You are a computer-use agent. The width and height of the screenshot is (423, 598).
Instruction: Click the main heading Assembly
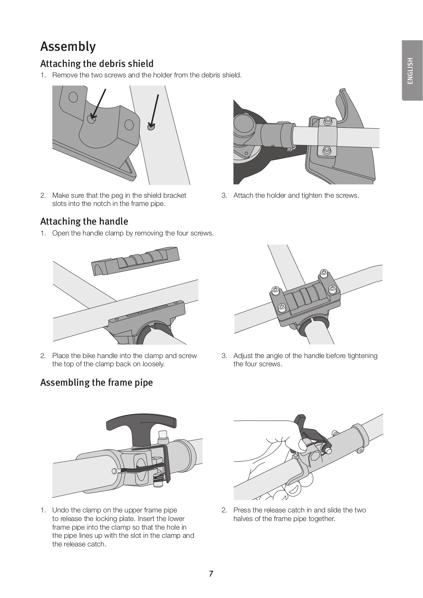[x=68, y=47]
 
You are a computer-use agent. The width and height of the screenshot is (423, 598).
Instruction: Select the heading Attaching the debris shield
[x=97, y=64]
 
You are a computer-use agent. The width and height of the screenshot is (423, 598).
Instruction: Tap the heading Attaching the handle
[x=84, y=222]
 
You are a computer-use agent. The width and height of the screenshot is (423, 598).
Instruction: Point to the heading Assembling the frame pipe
[x=96, y=383]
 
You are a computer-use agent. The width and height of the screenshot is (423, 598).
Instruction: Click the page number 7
[x=211, y=574]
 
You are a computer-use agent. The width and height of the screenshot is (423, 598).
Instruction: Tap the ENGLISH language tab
[x=410, y=71]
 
